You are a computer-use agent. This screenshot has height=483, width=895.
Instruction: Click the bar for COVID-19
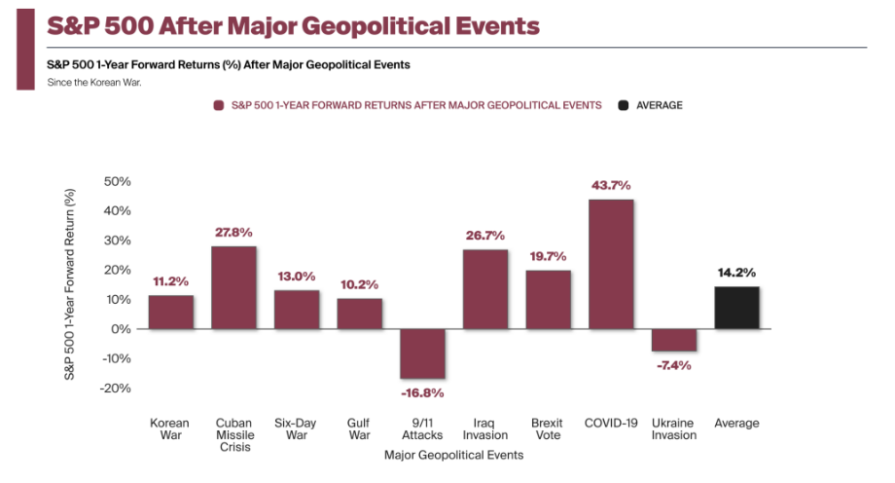[x=611, y=264]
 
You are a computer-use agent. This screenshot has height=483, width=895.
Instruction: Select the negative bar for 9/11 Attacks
[x=422, y=353]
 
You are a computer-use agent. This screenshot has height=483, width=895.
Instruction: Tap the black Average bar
[x=736, y=308]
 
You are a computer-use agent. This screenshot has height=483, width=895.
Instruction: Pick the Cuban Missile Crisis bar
[x=233, y=287]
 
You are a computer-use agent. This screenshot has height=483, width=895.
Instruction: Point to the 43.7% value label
[x=611, y=185]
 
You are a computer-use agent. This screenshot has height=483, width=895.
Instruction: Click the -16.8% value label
[x=422, y=393]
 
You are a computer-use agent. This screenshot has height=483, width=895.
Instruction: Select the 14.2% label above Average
[x=736, y=273]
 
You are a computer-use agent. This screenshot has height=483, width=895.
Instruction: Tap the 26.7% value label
[x=485, y=235]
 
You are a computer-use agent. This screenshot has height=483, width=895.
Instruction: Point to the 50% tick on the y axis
[x=117, y=181]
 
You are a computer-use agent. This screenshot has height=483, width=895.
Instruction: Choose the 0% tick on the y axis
[x=121, y=329]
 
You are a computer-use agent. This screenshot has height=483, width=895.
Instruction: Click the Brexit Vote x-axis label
[x=548, y=429]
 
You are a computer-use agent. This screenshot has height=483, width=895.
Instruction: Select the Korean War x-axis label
[x=170, y=429]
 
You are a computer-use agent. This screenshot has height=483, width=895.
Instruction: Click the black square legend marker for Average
[x=623, y=105]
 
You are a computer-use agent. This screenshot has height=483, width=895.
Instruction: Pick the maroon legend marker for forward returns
[x=219, y=105]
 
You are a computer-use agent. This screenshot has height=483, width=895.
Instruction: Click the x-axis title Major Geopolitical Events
[x=453, y=455]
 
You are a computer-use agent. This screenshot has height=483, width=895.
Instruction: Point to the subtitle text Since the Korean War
[x=94, y=82]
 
